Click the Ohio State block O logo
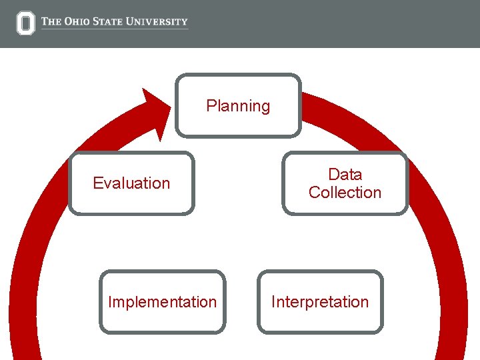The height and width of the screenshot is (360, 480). point(25,23)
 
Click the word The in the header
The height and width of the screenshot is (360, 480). point(51,21)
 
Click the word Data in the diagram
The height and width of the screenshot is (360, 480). point(345,175)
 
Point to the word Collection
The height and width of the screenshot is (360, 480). point(345,193)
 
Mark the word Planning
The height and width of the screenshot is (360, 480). point(238,106)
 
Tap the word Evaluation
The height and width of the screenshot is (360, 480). point(131,183)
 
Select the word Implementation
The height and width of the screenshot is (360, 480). point(162,302)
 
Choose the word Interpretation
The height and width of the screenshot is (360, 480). point(320,302)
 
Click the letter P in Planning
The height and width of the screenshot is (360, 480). point(211,105)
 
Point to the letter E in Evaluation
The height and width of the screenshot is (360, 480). point(97,183)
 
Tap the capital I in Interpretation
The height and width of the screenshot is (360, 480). point(273,301)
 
